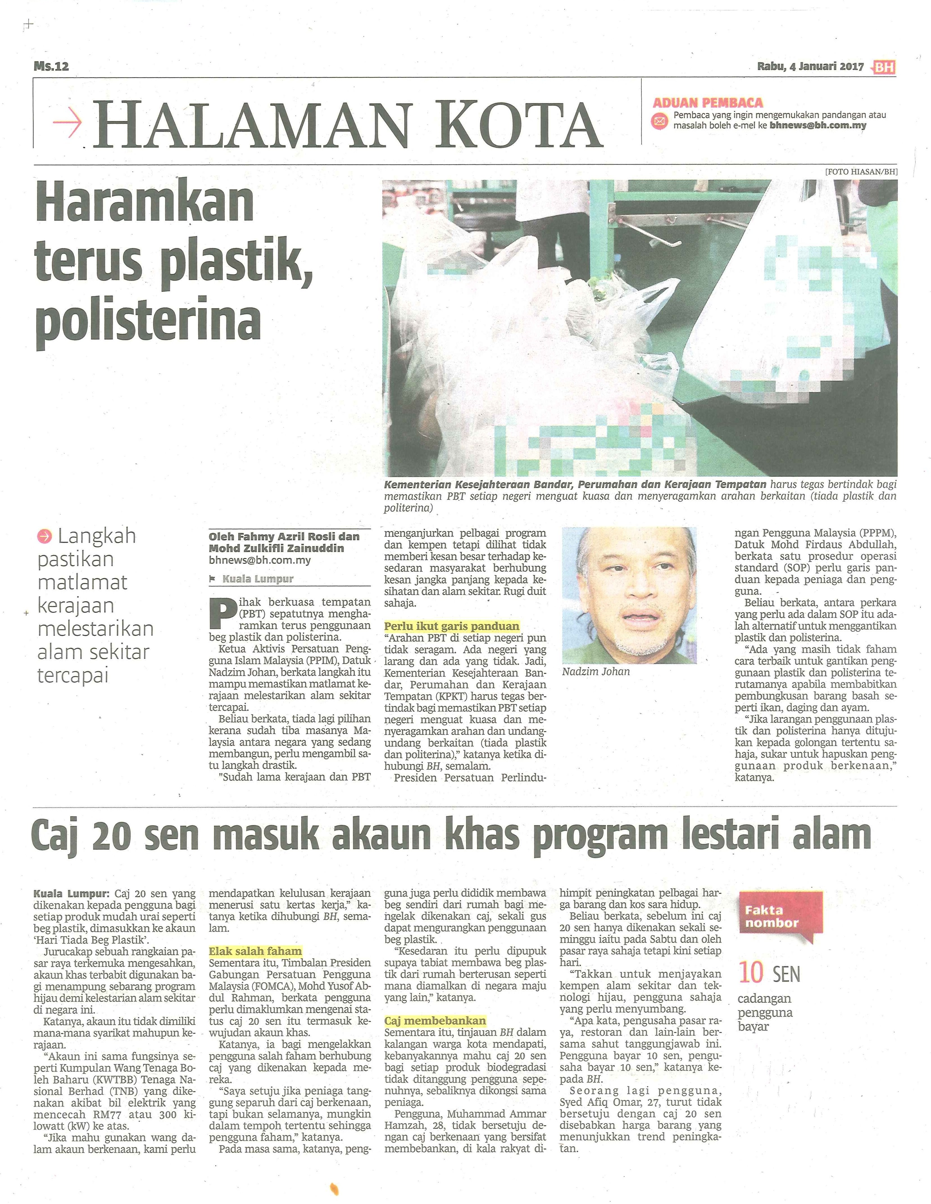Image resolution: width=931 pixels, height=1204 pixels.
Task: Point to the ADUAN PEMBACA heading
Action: (708, 103)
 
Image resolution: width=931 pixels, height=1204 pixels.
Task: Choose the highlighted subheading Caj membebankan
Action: (435, 1020)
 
